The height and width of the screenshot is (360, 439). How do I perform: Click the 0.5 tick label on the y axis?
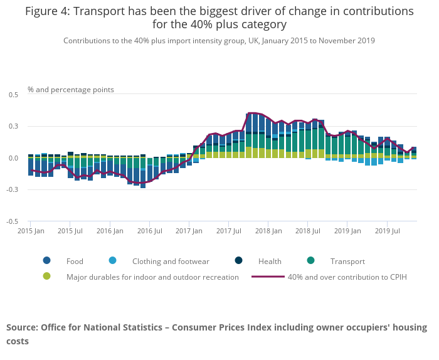tap(13, 95)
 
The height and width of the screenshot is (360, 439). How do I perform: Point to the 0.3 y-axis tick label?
tap(13, 127)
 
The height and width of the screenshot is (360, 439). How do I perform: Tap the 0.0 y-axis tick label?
tap(13, 158)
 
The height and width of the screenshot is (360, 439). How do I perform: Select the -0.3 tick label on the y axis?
tap(12, 190)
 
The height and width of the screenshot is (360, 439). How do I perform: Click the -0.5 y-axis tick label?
tap(12, 221)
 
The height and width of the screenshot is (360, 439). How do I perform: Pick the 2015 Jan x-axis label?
tap(30, 231)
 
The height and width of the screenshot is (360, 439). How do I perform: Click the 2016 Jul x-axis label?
tap(149, 231)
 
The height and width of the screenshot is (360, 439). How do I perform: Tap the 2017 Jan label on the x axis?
tap(189, 231)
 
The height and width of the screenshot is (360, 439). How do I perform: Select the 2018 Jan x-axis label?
tap(268, 231)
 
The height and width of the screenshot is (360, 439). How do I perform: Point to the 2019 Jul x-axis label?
tap(387, 231)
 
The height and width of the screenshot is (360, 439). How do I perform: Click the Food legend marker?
tap(46, 261)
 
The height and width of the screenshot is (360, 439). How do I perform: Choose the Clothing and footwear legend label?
tap(171, 262)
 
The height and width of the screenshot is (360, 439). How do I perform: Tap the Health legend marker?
tap(240, 261)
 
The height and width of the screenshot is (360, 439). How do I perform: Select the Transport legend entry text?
tap(347, 262)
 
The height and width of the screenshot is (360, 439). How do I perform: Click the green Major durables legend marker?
tap(46, 277)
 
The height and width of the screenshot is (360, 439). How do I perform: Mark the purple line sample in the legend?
tap(268, 277)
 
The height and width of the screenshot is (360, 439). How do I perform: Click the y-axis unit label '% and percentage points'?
tap(71, 90)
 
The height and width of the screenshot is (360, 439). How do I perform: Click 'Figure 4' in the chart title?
tap(48, 11)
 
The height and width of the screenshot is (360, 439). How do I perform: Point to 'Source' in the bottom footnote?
tap(22, 327)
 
